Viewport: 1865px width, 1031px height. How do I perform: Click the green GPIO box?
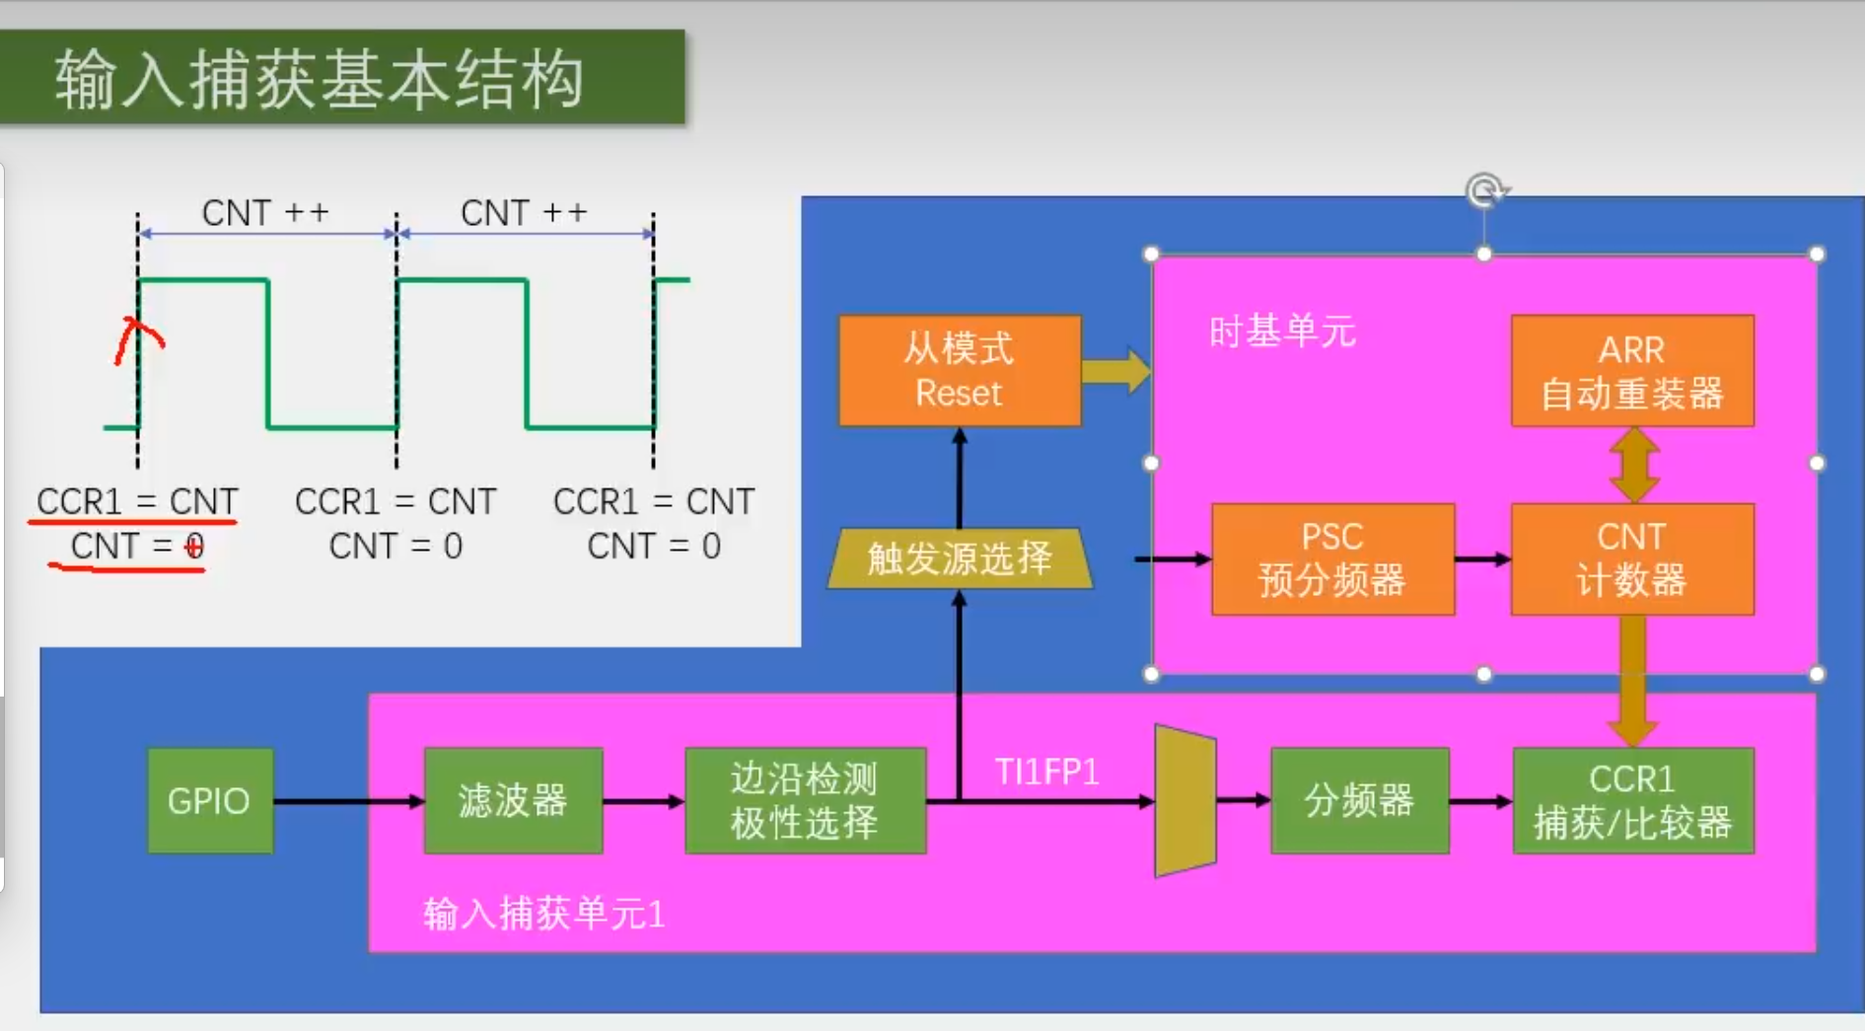pyautogui.click(x=210, y=800)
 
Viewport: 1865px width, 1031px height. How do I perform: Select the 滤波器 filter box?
pyautogui.click(x=513, y=800)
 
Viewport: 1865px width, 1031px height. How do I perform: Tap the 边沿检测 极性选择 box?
pyautogui.click(x=805, y=800)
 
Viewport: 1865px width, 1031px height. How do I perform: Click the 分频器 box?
pyautogui.click(x=1360, y=800)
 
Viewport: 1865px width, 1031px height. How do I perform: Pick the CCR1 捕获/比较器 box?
pyautogui.click(x=1633, y=800)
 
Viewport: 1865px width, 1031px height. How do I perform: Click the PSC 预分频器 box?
pyautogui.click(x=1332, y=559)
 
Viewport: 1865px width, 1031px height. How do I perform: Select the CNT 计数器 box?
pyautogui.click(x=1632, y=559)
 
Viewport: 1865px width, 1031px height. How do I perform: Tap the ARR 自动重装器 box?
pyautogui.click(x=1632, y=371)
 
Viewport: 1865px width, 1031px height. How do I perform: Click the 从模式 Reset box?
pyautogui.click(x=960, y=371)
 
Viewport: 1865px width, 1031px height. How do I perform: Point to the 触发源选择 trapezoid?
pyautogui.click(x=960, y=558)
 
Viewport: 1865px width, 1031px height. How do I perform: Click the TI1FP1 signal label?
pyautogui.click(x=1046, y=772)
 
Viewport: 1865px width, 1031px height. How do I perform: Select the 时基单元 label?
pyautogui.click(x=1282, y=331)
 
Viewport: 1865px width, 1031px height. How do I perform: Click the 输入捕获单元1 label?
pyautogui.click(x=543, y=914)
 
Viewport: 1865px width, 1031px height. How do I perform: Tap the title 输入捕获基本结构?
pyautogui.click(x=320, y=79)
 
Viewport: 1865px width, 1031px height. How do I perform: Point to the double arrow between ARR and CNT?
pyautogui.click(x=1633, y=465)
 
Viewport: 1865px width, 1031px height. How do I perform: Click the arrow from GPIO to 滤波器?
pyautogui.click(x=349, y=801)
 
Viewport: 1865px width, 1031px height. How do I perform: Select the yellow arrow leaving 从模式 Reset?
pyautogui.click(x=1115, y=371)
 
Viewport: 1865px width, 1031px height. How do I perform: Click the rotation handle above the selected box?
pyautogui.click(x=1484, y=189)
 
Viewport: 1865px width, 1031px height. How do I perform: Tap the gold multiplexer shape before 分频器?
pyautogui.click(x=1184, y=801)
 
